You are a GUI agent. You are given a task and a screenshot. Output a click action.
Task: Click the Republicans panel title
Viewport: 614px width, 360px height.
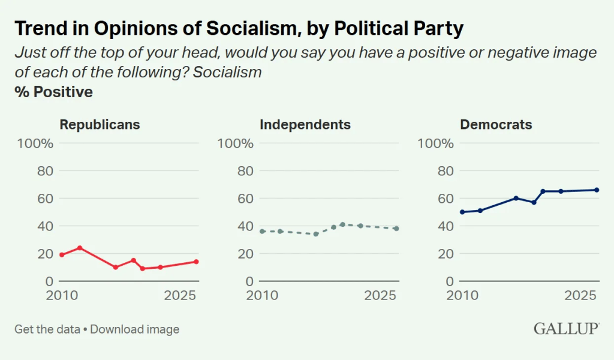pos(100,125)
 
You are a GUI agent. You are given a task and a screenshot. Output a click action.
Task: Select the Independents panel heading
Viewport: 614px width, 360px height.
pos(305,125)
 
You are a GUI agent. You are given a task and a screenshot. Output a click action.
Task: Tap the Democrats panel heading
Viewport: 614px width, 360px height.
pos(496,125)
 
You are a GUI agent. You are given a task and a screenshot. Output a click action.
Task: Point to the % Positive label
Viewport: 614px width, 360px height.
pos(54,92)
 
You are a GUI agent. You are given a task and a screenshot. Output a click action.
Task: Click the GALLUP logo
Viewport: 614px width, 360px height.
pos(566,329)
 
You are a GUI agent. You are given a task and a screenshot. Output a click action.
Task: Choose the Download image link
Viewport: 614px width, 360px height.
pos(135,329)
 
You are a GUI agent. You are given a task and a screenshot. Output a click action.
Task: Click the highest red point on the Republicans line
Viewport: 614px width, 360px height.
pos(80,248)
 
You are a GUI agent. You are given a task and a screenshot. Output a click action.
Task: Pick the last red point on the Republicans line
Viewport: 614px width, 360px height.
pos(196,262)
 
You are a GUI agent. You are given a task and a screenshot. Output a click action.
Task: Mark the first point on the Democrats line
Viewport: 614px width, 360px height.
pos(462,212)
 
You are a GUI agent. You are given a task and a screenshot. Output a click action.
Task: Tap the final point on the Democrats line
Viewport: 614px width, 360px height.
pos(597,190)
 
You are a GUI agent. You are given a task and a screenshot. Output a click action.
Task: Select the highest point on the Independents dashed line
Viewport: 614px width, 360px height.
pos(342,224)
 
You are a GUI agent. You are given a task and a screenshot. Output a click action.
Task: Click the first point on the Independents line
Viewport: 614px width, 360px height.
pos(262,231)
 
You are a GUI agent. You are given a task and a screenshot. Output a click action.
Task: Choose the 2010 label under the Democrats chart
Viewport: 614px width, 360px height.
pos(462,296)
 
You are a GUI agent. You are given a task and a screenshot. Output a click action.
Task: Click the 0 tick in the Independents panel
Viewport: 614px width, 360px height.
pos(249,281)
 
